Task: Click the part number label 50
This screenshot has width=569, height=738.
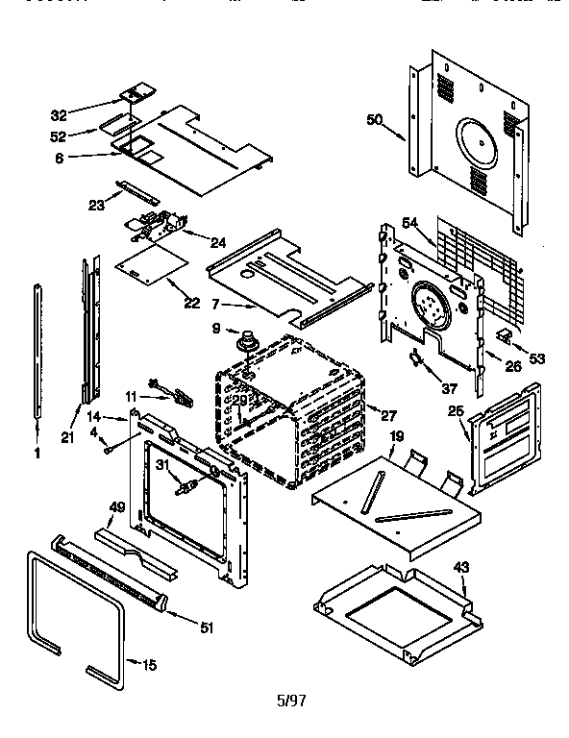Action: click(x=375, y=119)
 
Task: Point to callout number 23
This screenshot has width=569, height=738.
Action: click(x=96, y=204)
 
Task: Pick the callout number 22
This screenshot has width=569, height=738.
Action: click(x=192, y=303)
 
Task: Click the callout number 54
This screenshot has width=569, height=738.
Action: click(x=411, y=224)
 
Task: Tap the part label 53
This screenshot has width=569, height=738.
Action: click(x=536, y=358)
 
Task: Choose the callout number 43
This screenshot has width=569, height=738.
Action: click(x=461, y=567)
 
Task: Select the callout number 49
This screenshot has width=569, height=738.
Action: click(x=118, y=506)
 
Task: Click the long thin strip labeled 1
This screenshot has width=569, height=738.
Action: click(x=38, y=351)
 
